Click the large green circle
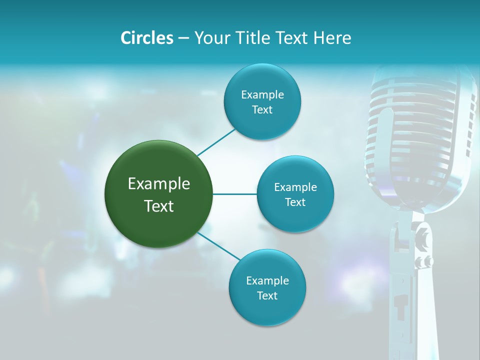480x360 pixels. pos(158,194)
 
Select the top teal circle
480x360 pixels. pos(262,102)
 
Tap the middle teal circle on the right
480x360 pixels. pos(295,194)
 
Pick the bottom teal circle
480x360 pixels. pos(267,287)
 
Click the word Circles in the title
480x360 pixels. pos(147,38)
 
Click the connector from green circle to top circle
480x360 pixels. pos(216,142)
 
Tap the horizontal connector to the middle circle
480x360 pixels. pos(234,194)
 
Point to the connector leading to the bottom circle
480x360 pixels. pos(219,246)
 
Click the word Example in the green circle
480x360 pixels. pos(158,184)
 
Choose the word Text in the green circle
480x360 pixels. pos(158,206)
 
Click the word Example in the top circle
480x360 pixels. pos(262,95)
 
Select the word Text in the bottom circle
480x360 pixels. pos(267,295)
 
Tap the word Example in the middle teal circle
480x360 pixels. pos(295,187)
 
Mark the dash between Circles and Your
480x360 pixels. pos(183,38)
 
